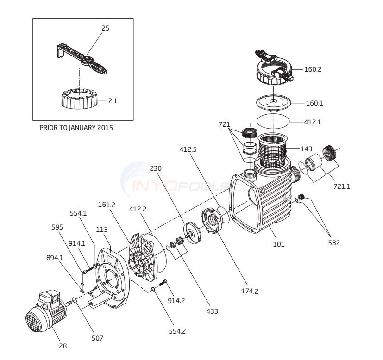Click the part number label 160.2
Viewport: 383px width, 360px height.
(313, 69)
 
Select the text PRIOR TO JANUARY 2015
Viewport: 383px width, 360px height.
(76, 128)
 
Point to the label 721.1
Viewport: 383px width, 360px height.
(342, 186)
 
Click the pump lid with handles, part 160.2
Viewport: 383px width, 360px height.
(273, 69)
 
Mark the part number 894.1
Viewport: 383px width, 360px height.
(54, 257)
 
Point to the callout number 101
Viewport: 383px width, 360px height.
(278, 244)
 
